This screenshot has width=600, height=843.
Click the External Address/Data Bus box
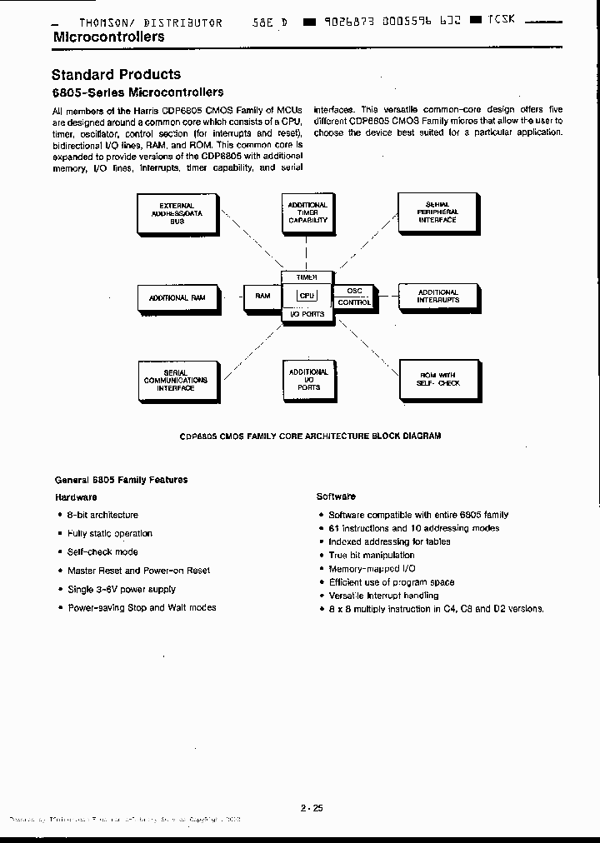[176, 213]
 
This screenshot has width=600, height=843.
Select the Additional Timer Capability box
[307, 213]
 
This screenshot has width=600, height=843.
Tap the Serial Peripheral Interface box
[437, 212]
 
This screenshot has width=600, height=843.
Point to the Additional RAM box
[176, 297]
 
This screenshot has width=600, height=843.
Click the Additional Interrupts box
[437, 297]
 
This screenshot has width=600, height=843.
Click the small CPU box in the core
[307, 295]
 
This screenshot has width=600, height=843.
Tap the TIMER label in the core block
[307, 277]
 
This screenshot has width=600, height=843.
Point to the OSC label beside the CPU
[354, 291]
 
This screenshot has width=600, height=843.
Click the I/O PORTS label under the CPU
[307, 314]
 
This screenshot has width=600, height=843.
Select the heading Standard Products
[116, 74]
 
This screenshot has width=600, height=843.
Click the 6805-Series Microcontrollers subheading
[137, 92]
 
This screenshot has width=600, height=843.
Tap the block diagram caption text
[311, 436]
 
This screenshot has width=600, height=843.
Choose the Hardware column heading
[76, 496]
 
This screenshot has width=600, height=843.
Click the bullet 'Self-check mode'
[102, 551]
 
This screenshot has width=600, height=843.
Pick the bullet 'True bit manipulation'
[371, 555]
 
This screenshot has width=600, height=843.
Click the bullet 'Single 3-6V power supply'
[122, 589]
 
